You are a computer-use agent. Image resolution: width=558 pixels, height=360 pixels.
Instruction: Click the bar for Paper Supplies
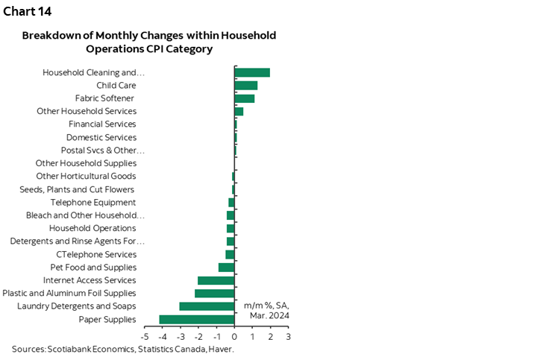click(197, 320)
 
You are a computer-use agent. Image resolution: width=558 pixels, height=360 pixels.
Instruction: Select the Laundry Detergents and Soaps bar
click(207, 306)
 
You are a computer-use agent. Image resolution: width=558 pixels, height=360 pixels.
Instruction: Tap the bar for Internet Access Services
click(216, 280)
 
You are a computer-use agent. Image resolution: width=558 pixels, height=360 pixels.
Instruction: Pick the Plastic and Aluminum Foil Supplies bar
click(215, 294)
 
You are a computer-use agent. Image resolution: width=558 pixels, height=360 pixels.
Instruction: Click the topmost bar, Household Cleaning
click(252, 72)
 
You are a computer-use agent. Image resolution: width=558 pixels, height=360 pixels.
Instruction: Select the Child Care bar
click(246, 86)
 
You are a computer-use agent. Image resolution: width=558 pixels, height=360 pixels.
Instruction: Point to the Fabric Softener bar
click(245, 98)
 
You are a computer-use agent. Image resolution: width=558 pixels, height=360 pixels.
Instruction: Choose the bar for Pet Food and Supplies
click(227, 268)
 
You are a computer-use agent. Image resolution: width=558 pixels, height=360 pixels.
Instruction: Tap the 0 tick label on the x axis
click(234, 337)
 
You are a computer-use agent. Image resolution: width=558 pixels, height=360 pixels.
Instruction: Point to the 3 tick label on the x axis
click(288, 337)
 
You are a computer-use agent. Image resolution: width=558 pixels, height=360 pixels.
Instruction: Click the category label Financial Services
click(102, 124)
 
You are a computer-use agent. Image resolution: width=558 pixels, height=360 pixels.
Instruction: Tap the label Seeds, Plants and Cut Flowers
click(77, 189)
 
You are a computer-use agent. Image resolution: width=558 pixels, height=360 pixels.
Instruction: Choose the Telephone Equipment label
click(93, 203)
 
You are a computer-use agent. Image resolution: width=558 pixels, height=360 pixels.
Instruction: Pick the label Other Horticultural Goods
click(86, 177)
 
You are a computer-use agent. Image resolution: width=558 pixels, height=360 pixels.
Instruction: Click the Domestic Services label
click(101, 137)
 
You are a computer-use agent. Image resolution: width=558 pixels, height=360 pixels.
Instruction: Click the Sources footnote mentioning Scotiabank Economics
click(122, 349)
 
